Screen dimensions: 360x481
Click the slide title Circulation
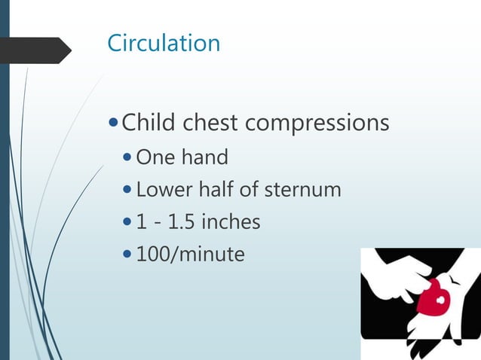164,43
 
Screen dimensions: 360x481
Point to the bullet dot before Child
113,122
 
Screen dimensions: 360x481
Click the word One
154,157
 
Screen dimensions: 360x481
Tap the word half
213,190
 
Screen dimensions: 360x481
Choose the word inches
232,222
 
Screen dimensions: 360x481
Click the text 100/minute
190,255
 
